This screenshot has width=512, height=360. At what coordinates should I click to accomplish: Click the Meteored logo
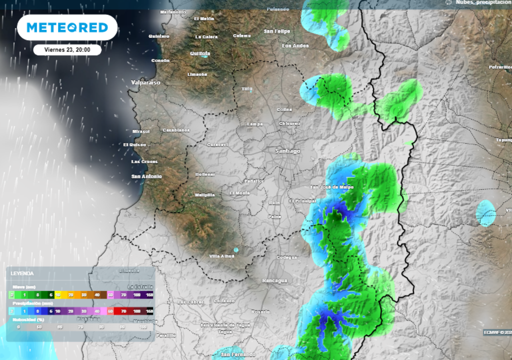67,27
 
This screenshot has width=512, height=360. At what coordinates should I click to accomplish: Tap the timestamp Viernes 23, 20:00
67,50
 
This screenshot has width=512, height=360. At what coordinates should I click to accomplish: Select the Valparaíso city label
145,82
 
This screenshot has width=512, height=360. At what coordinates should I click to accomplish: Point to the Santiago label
288,150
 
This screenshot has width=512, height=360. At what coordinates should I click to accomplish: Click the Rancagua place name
274,280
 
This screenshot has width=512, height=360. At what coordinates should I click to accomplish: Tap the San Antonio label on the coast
146,176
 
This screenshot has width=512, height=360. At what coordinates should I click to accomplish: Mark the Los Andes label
295,46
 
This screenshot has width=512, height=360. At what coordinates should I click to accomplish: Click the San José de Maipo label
332,187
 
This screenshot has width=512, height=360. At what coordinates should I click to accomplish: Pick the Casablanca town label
176,130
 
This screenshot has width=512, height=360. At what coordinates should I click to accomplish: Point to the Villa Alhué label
221,256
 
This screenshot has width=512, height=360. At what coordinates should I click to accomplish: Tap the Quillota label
200,53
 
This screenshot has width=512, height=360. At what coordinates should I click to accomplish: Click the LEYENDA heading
22,273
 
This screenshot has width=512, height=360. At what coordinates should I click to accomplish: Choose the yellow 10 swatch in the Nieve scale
58,295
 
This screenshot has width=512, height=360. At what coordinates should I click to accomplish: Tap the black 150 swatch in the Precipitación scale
148,311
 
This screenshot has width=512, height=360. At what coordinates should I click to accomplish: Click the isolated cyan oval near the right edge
485,213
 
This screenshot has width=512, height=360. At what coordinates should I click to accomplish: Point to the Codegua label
286,257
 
